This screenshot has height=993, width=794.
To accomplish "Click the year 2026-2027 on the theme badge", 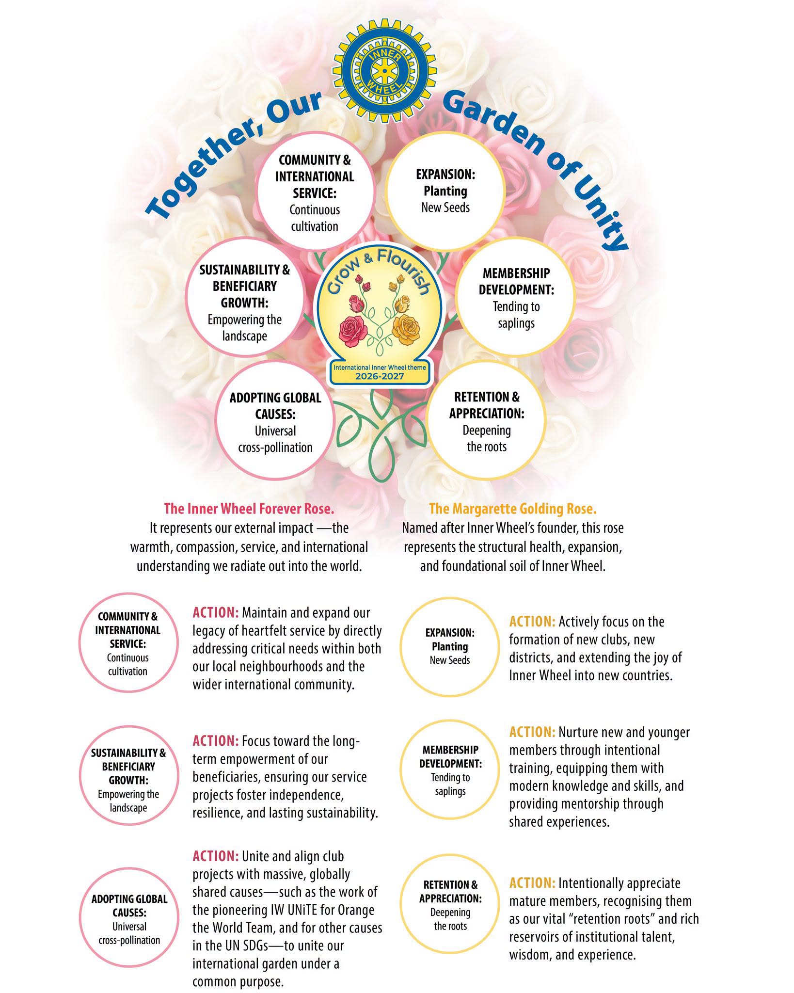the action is click(x=380, y=376).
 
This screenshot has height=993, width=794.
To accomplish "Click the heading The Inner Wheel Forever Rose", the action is click(x=249, y=509).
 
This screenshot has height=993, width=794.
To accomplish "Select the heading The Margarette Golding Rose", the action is click(x=513, y=509).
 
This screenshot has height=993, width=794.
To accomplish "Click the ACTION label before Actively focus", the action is click(x=532, y=622).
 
